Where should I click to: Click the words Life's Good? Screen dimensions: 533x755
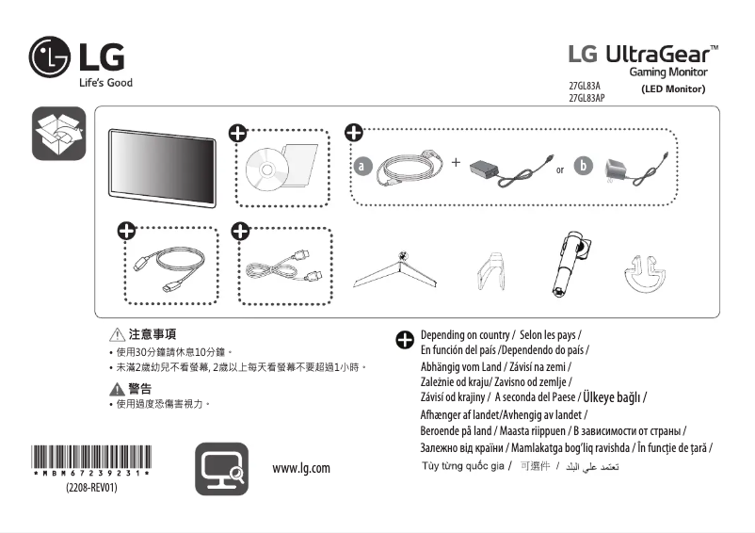point(104,83)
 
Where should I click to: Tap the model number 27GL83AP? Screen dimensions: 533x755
point(587,98)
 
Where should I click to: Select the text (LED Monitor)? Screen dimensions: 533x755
point(673,89)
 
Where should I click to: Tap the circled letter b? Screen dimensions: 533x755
point(584,167)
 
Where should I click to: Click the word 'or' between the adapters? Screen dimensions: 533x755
point(560,170)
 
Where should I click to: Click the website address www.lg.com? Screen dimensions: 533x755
point(301,468)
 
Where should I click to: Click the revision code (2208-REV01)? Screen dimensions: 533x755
point(91,489)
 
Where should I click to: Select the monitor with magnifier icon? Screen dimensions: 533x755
point(222,469)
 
